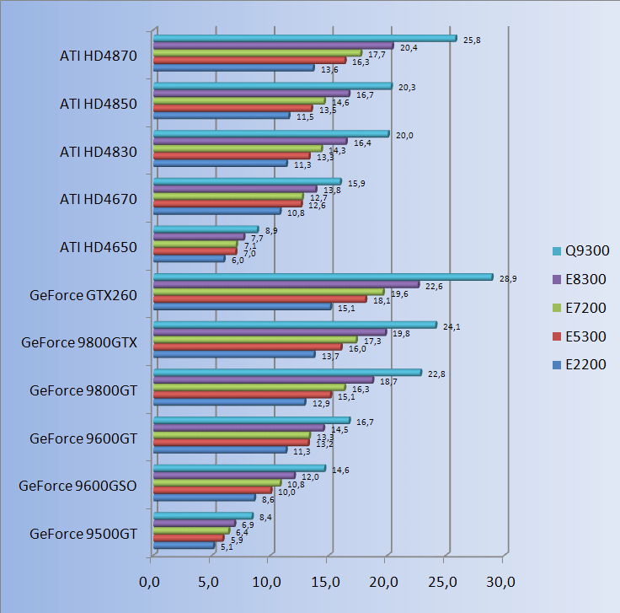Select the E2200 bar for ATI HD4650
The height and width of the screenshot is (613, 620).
[x=189, y=259]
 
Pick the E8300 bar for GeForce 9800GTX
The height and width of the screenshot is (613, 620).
[x=270, y=332]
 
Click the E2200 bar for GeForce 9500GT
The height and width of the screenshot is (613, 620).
[x=184, y=546]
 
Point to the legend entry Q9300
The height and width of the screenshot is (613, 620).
[x=580, y=250]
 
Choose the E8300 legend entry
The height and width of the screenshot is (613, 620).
[x=580, y=279]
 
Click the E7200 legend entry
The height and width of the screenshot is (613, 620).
[x=580, y=308]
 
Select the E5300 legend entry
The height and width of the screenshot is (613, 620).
[x=580, y=336]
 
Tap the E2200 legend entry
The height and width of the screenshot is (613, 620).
[x=580, y=365]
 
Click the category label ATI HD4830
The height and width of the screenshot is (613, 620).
[x=99, y=152]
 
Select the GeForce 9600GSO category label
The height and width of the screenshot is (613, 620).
[x=77, y=486]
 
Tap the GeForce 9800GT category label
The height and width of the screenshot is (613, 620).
[x=83, y=390]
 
